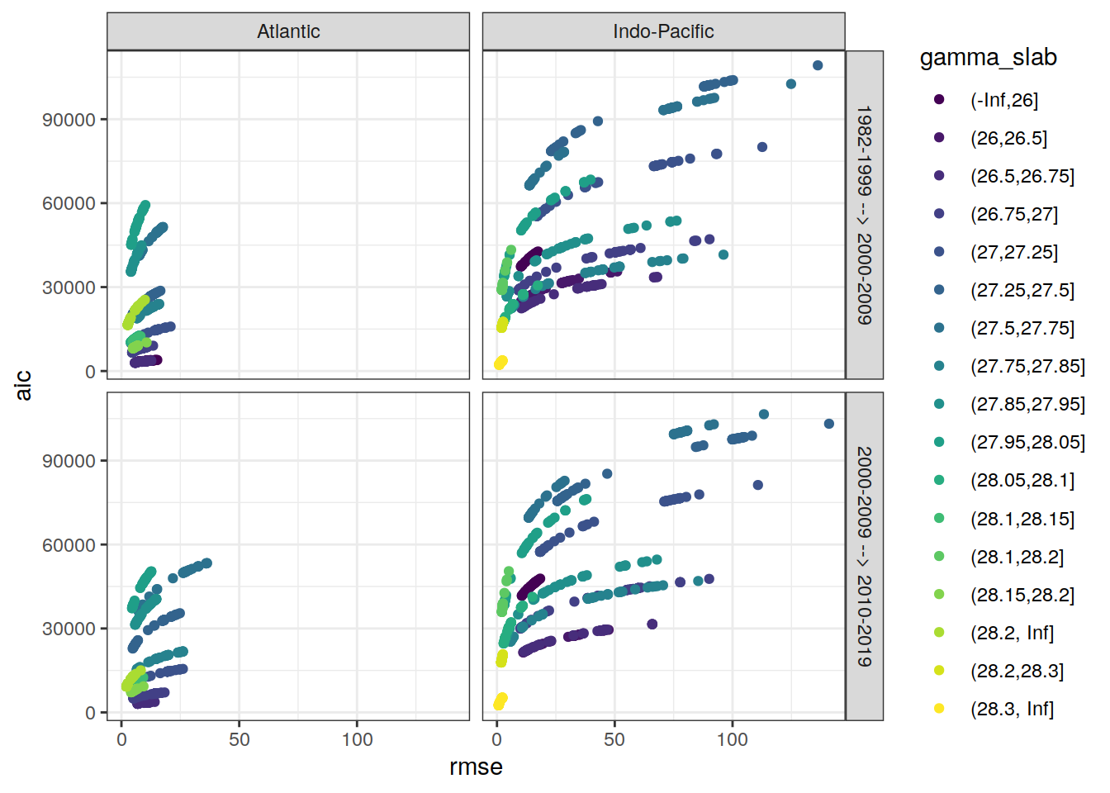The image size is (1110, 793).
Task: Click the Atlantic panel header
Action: coord(288,31)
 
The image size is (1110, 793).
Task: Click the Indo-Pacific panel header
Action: coord(663,31)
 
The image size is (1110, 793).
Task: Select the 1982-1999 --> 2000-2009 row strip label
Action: coord(864,215)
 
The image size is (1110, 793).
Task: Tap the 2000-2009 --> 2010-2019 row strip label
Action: coord(864,556)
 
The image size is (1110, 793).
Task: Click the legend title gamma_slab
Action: coord(988,57)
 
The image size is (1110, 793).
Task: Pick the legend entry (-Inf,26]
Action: coord(1003,100)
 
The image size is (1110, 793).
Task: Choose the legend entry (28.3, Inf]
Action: coord(1012,709)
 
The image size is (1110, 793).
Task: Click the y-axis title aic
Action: coord(23,385)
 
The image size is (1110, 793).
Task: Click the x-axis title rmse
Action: coord(476,767)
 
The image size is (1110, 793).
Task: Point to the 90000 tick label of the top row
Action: coord(69,120)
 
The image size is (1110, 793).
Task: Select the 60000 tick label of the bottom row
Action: coord(69,545)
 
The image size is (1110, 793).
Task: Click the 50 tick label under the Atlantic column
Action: coord(240,739)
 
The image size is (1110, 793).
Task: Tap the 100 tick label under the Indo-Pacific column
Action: coord(732,739)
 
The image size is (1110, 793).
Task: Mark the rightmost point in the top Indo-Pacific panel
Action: coord(818,65)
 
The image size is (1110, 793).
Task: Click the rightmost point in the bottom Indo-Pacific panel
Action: coord(829,424)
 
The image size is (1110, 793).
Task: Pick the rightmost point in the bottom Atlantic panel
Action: coord(207,563)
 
